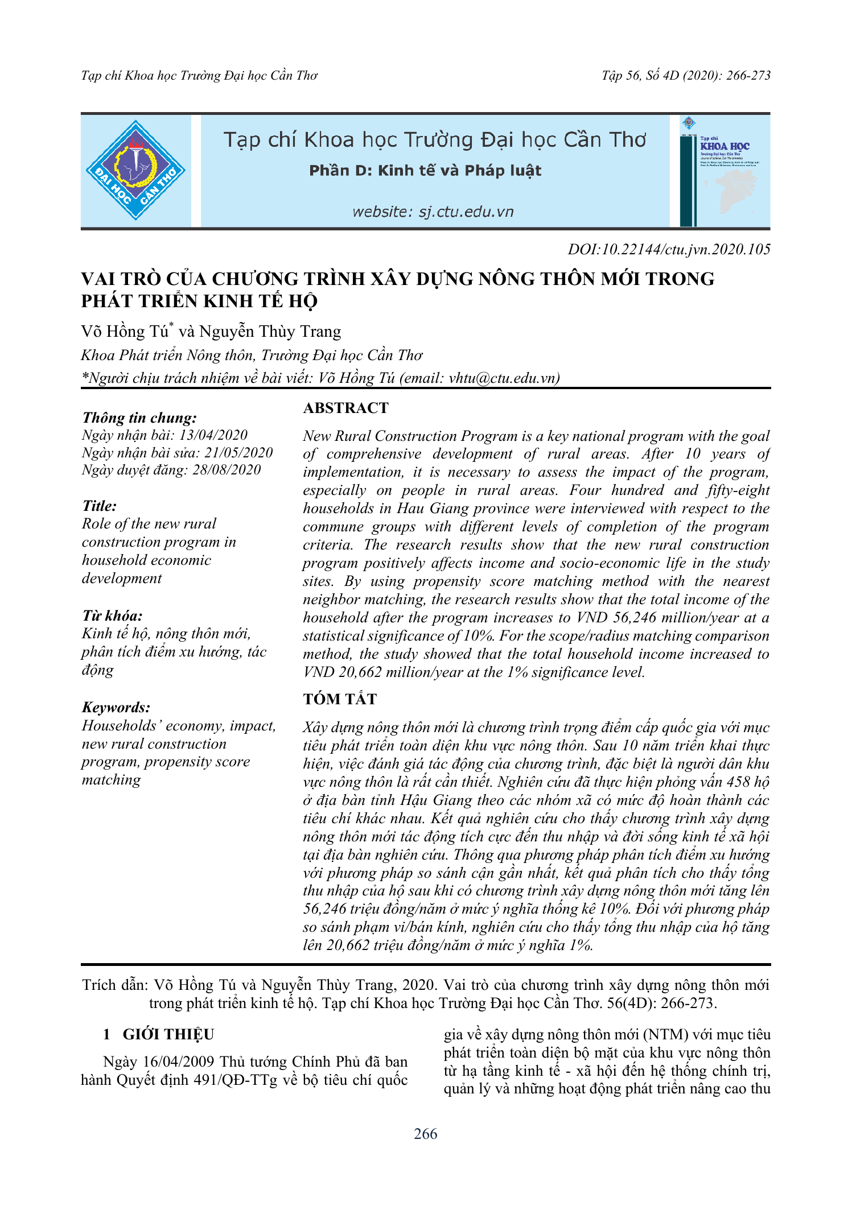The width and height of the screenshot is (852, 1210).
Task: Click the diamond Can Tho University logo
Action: pyautogui.click(x=135, y=171)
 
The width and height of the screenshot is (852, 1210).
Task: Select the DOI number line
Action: pyautogui.click(x=669, y=249)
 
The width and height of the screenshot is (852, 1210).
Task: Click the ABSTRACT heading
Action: pyautogui.click(x=345, y=408)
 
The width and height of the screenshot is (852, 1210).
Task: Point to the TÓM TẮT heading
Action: pyautogui.click(x=340, y=699)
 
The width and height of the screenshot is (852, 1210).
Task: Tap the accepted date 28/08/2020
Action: pyautogui.click(x=227, y=470)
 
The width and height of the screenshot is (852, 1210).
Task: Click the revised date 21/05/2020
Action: pyautogui.click(x=238, y=453)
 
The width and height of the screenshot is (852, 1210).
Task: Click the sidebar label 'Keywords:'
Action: pyautogui.click(x=116, y=707)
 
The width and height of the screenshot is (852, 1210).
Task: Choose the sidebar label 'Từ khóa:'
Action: pyautogui.click(x=112, y=616)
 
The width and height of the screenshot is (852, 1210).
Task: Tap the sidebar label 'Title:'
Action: pyautogui.click(x=99, y=506)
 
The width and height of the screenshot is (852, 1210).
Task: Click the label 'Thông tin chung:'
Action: pyautogui.click(x=139, y=418)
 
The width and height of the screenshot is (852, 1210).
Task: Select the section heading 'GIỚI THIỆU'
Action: pyautogui.click(x=168, y=1034)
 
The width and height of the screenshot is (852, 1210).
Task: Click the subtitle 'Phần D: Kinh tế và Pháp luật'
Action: pyautogui.click(x=425, y=171)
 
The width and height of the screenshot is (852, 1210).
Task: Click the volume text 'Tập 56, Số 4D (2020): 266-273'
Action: pyautogui.click(x=686, y=76)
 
